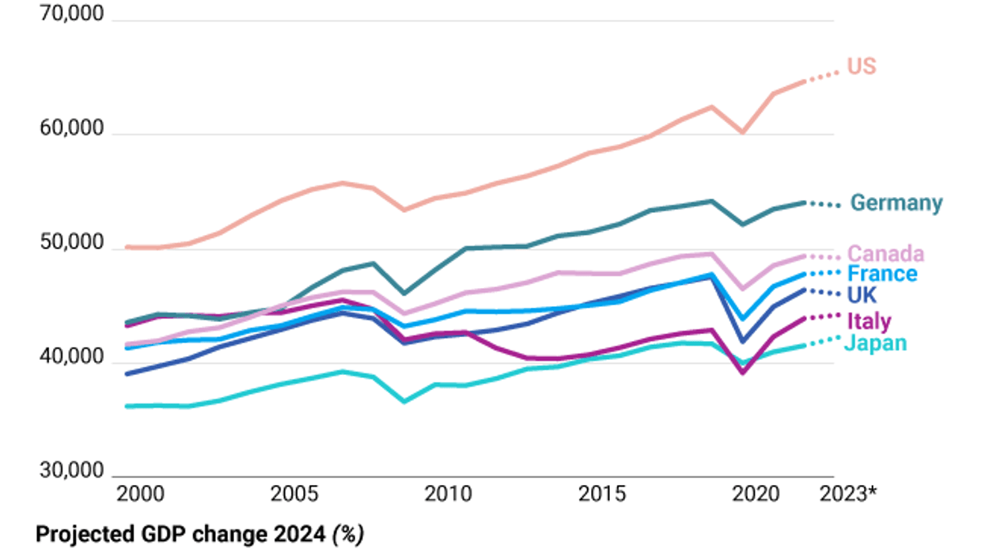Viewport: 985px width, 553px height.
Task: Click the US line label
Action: point(862,66)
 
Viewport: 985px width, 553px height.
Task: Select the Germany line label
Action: point(896,203)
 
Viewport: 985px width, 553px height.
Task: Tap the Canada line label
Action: point(885,254)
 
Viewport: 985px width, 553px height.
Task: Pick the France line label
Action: point(882,275)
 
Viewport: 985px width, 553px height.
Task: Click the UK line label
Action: point(862,295)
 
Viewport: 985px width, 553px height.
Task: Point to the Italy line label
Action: point(869,321)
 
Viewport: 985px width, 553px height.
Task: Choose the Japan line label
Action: point(875,343)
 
